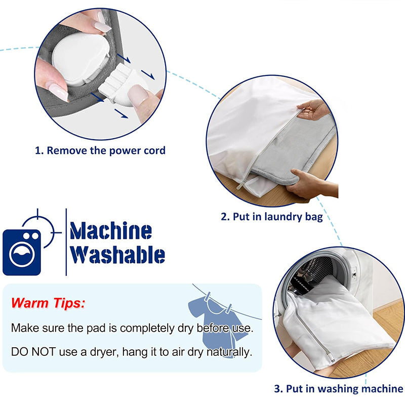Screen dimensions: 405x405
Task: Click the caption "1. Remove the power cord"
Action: pos(100,150)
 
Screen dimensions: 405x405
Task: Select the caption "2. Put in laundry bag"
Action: pos(272,217)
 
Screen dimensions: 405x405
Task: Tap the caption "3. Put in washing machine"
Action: pos(339,389)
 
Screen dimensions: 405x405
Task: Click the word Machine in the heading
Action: pos(111,231)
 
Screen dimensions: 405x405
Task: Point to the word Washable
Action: pos(117,255)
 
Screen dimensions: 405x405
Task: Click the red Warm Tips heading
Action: pos(48,303)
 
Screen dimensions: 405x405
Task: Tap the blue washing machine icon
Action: pos(21,252)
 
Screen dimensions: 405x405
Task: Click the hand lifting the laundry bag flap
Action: pos(314,109)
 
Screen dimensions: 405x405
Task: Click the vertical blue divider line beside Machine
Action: pos(66,241)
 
